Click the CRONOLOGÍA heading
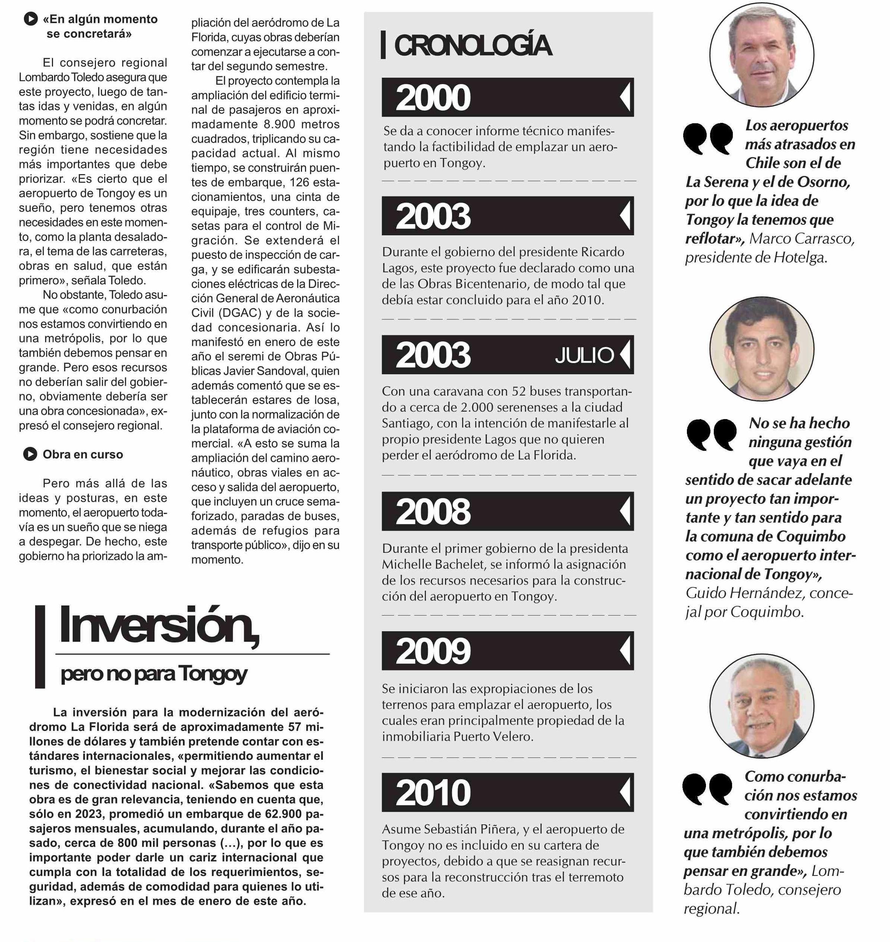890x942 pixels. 473,45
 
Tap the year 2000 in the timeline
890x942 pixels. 433,98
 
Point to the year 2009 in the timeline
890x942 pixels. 433,651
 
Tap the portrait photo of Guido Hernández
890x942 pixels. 762,349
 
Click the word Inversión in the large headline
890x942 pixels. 159,626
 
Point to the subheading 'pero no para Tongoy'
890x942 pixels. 154,674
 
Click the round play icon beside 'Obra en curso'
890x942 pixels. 30,454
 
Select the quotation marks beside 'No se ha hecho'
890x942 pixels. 711,434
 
